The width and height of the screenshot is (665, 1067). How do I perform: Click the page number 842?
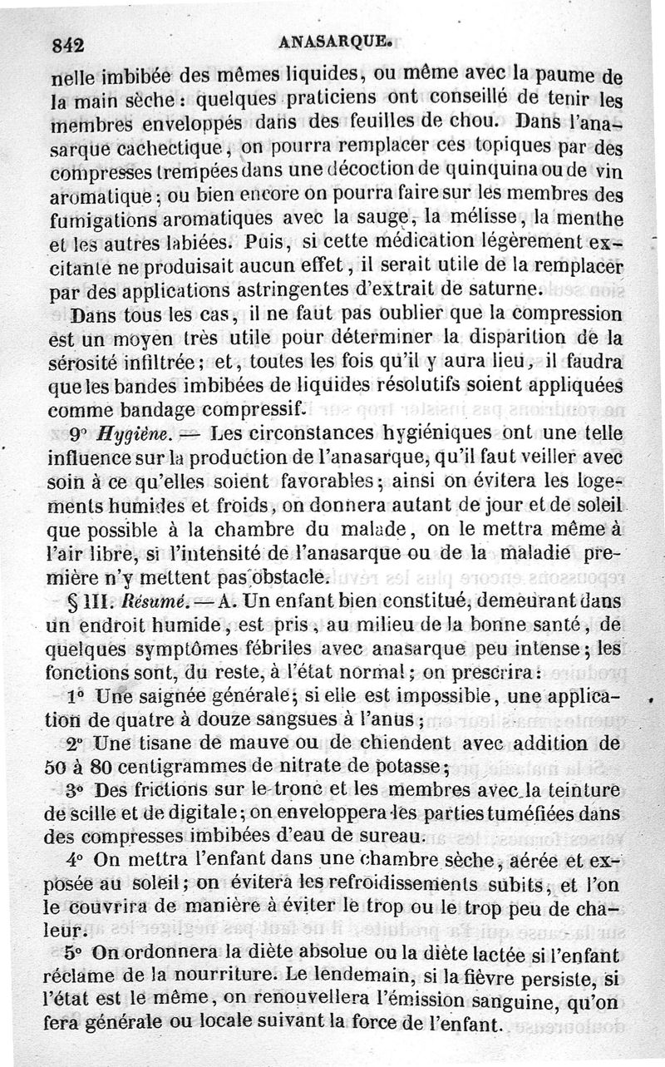pos(69,47)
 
